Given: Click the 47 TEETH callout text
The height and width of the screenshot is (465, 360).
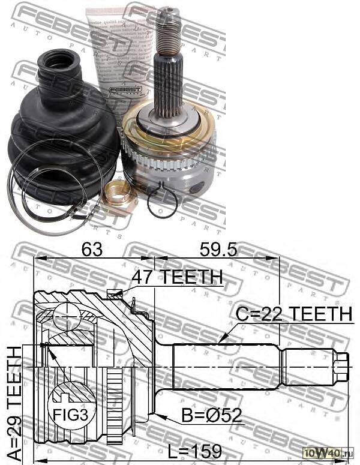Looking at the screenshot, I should [178, 278].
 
